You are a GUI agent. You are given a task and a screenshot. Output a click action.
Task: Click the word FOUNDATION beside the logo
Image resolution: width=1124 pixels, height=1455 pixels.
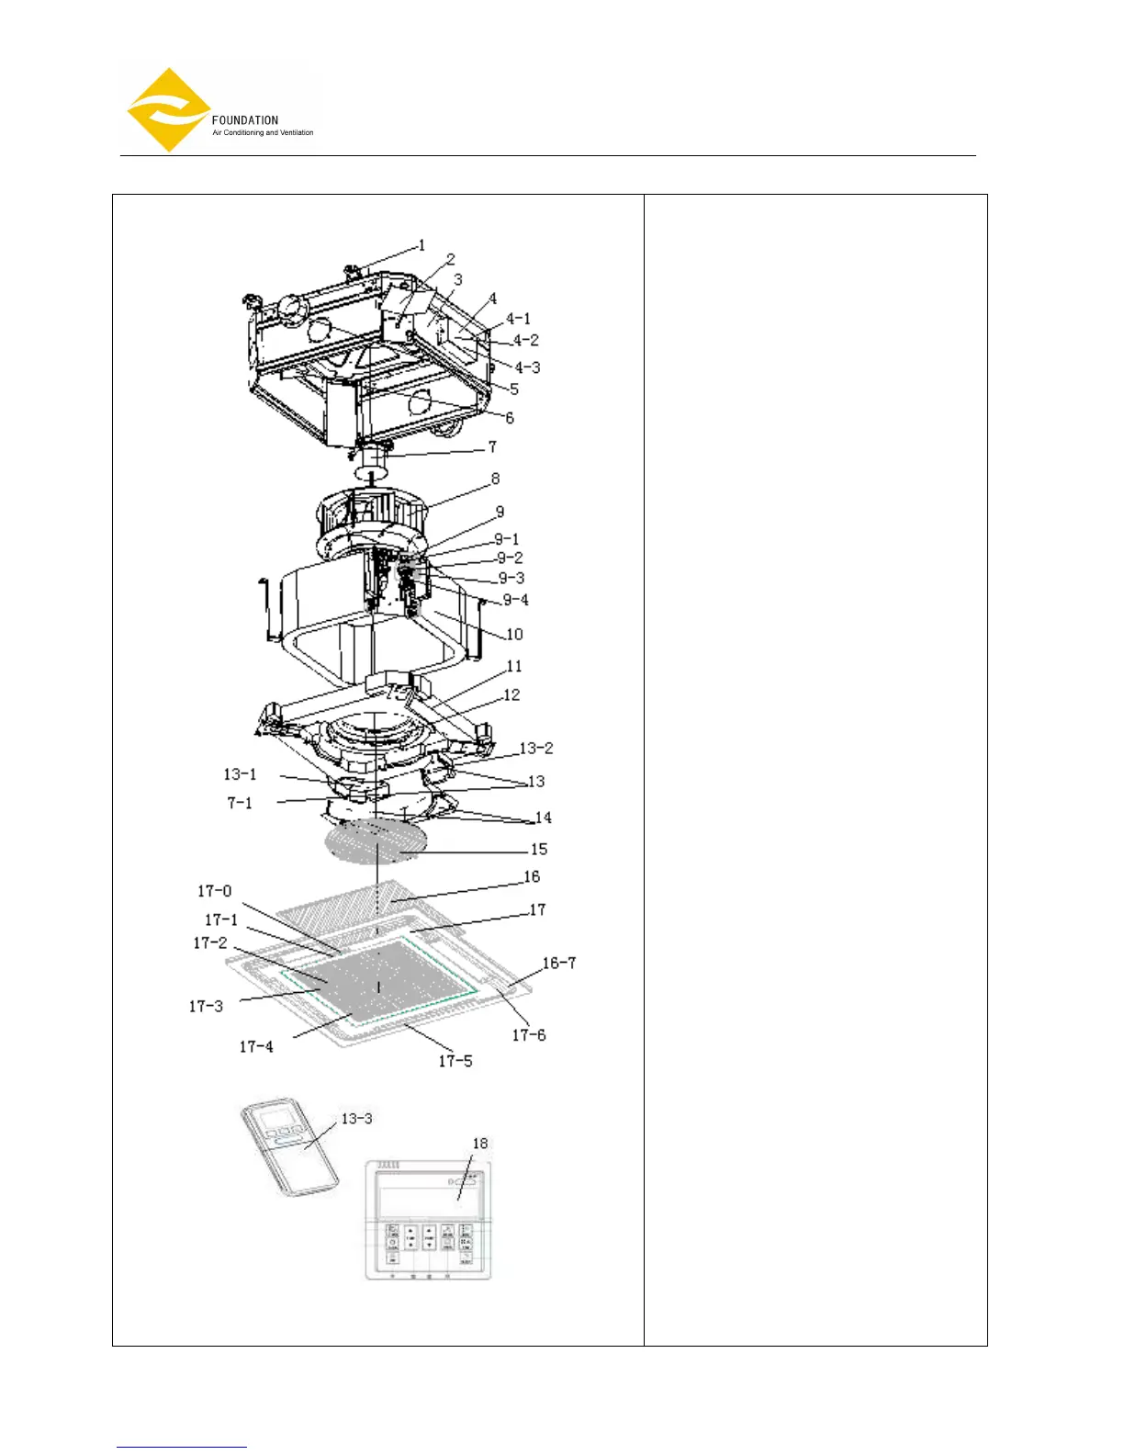245,120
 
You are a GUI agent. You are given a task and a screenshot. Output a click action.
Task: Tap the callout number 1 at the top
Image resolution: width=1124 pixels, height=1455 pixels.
421,245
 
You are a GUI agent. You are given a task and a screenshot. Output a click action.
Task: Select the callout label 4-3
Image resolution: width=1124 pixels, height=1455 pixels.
527,367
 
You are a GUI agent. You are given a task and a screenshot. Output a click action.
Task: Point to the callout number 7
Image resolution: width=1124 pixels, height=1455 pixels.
492,446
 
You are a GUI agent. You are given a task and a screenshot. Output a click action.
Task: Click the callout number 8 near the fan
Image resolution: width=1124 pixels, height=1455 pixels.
496,479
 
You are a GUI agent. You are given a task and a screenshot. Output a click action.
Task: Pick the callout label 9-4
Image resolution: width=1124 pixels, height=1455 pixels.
515,600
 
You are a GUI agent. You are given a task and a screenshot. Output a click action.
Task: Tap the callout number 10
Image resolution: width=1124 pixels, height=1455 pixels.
514,634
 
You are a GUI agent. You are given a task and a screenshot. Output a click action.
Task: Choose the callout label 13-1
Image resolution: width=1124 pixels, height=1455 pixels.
241,774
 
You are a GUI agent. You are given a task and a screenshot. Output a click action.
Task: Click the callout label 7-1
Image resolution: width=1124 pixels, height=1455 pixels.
240,803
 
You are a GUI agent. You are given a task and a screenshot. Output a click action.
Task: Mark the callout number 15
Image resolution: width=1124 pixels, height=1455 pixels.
539,849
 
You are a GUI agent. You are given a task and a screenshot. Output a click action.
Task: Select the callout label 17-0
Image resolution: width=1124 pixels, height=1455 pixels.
215,891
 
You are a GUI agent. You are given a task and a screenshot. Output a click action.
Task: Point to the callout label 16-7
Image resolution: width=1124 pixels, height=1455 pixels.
559,963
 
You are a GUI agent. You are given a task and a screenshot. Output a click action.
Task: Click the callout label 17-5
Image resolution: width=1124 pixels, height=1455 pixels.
455,1061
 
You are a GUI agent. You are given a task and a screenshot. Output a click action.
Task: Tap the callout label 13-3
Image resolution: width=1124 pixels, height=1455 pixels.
357,1119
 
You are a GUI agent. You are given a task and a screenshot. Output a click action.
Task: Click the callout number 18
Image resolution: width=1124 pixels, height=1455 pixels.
480,1144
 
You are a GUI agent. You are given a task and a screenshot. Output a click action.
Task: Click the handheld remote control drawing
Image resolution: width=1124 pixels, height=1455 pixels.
289,1151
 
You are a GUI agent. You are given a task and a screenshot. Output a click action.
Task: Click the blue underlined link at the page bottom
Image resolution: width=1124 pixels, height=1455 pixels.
182,1448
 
